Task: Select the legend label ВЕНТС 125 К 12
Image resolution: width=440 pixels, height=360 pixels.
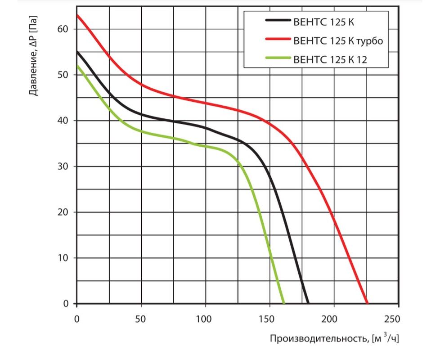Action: pyautogui.click(x=330, y=59)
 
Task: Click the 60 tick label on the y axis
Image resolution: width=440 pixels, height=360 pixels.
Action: pyautogui.click(x=63, y=29)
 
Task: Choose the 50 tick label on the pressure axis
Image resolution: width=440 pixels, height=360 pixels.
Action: pyautogui.click(x=63, y=75)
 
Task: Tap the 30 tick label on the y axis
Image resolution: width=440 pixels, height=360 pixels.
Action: pyautogui.click(x=63, y=166)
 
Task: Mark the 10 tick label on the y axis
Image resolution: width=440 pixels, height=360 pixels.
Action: pyautogui.click(x=63, y=258)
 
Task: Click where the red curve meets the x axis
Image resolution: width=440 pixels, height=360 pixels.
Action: pyautogui.click(x=367, y=303)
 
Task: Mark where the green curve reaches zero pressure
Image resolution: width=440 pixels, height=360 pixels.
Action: pyautogui.click(x=284, y=303)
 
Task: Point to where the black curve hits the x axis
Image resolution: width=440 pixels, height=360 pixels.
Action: pyautogui.click(x=308, y=303)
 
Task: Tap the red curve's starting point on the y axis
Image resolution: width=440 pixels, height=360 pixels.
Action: pyautogui.click(x=77, y=15)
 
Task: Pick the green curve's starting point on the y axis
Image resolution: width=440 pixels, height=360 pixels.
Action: pyautogui.click(x=77, y=66)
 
